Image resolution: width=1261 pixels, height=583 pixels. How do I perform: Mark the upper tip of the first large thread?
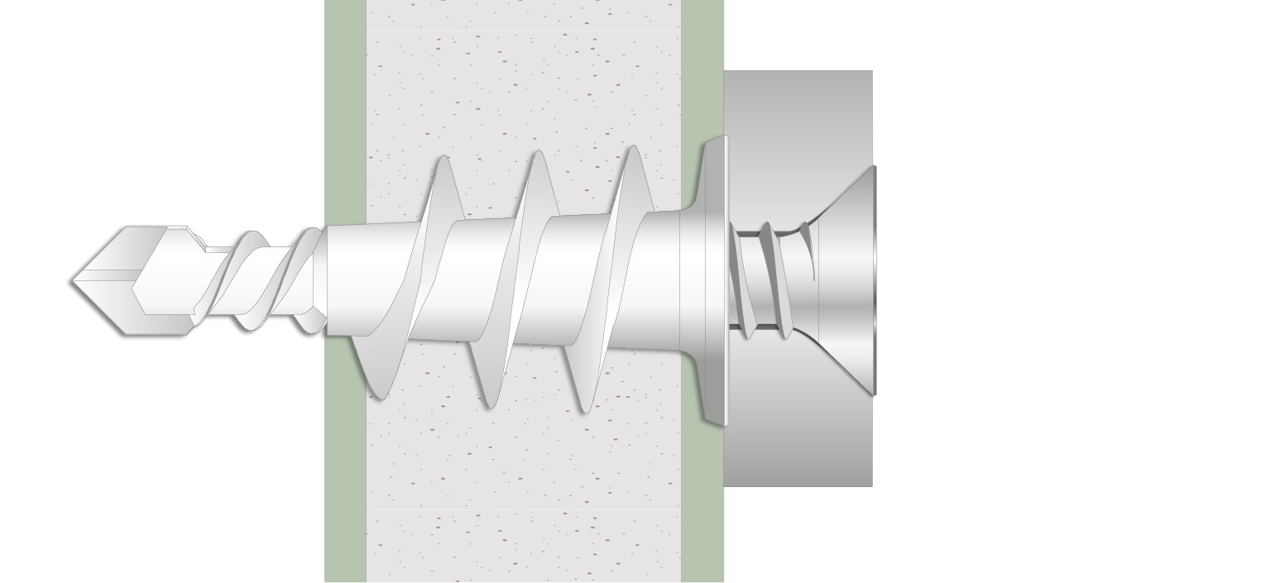click(444, 159)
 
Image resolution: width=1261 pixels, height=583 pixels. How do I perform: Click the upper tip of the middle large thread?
click(539, 154)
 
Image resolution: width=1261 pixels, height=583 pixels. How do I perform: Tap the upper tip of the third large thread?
click(633, 150)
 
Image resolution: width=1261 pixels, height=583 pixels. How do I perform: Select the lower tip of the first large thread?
click(378, 395)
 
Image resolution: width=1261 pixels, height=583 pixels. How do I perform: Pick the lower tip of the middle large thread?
click(489, 404)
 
